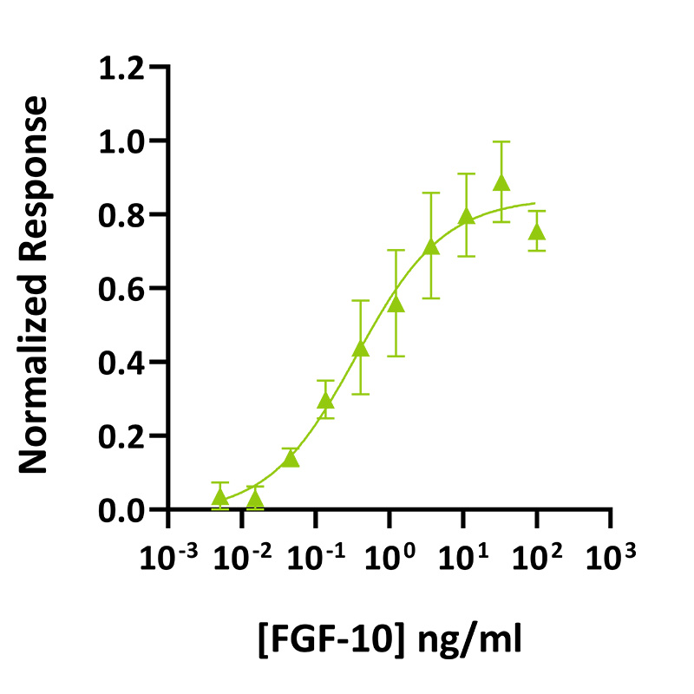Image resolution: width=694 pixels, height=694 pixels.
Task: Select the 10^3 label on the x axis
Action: (x=611, y=554)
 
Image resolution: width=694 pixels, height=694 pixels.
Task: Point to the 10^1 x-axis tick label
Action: (x=463, y=554)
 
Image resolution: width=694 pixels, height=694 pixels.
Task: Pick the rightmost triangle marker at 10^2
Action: (x=537, y=232)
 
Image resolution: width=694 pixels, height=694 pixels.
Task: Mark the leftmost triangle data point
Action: (x=220, y=496)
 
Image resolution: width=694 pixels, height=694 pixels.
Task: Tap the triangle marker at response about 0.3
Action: (x=325, y=401)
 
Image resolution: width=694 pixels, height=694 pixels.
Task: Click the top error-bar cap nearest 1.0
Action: (x=501, y=141)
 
